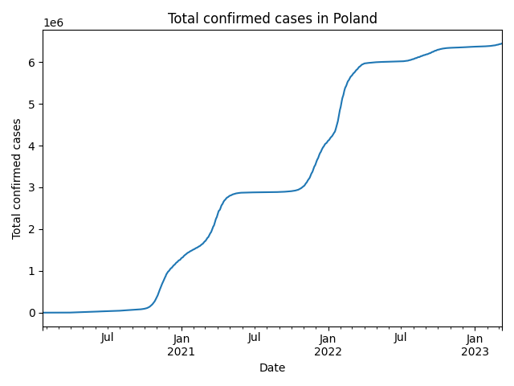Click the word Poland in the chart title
356,18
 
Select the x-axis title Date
272,368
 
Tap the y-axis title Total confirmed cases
17,179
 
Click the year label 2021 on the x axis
181,351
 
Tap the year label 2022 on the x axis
328,351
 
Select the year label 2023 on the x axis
475,351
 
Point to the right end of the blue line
502,43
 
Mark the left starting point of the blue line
43,312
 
